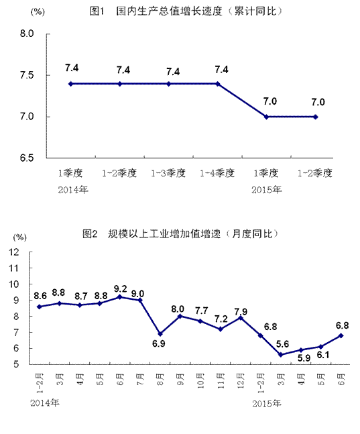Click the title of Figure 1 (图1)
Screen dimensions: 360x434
click(186, 11)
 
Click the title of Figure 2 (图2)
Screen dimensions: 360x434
click(180, 234)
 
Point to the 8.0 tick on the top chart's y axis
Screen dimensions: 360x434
click(27, 34)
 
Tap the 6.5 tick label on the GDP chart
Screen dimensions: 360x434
click(27, 158)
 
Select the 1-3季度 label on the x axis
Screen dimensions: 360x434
click(168, 173)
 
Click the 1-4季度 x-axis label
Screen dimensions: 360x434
click(217, 173)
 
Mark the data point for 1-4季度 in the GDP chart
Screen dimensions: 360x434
click(218, 84)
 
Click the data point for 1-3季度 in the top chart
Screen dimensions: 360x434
click(168, 84)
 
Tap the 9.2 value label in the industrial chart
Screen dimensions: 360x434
click(121, 288)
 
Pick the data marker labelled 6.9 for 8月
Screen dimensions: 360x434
click(160, 334)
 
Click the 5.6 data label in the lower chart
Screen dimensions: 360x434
click(282, 344)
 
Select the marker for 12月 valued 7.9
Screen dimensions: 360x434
click(241, 318)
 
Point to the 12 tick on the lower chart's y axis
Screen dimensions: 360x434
click(14, 252)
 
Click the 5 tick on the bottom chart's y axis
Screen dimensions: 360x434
click(16, 364)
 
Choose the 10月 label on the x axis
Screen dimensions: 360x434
click(200, 381)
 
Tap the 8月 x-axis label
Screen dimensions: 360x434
click(160, 379)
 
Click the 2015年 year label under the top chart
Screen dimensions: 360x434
click(266, 190)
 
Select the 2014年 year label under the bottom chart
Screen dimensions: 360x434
click(45, 402)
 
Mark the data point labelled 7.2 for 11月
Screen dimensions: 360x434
click(221, 329)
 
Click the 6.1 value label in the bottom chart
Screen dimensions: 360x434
click(323, 355)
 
